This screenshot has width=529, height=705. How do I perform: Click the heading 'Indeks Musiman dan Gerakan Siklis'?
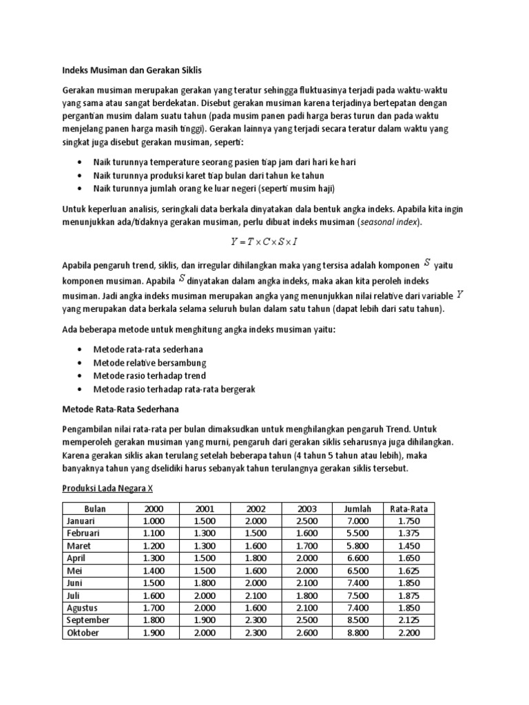132,70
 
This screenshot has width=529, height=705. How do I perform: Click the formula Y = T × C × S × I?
264,242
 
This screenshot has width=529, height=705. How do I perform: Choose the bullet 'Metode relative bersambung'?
149,363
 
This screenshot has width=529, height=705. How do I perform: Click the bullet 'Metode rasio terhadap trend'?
149,376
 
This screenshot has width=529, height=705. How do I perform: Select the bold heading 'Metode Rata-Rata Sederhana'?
121,410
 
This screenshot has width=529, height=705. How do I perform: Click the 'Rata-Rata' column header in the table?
408,509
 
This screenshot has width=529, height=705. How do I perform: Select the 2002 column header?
256,509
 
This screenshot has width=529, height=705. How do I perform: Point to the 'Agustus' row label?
82,608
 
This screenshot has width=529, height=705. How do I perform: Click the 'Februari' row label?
83,534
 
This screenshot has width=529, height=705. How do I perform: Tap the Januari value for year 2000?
155,521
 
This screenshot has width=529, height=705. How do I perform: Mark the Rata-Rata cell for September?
408,620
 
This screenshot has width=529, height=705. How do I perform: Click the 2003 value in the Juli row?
307,596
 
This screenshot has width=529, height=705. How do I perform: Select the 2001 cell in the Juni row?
205,583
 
